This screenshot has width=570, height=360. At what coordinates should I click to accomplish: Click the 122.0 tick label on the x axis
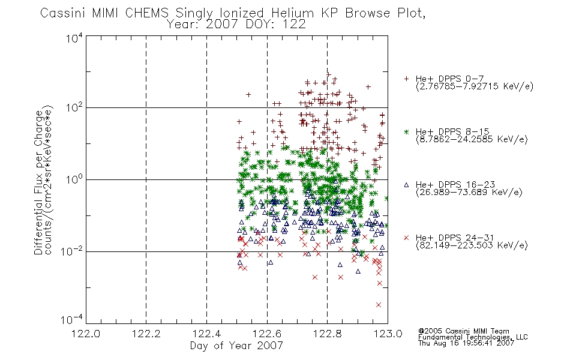point(86,334)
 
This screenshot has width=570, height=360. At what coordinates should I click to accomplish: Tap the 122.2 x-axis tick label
point(146,334)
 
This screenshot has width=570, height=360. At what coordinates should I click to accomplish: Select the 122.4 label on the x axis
point(206,334)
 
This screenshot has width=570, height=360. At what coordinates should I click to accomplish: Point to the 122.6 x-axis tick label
point(267,334)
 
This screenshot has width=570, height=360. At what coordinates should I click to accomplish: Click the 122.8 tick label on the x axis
point(327,334)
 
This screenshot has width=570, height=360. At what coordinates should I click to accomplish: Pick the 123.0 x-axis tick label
point(388,334)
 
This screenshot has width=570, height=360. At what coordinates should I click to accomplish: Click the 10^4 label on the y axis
point(74,38)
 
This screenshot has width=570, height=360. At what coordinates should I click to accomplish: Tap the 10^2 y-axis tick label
point(74,107)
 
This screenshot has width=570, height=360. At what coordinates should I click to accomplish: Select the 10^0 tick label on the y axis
point(74,179)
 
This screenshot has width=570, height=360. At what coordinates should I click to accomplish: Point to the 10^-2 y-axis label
point(72,251)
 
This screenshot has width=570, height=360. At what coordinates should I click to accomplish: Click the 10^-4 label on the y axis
point(72,319)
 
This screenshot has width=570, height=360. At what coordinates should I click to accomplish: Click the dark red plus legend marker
point(406,79)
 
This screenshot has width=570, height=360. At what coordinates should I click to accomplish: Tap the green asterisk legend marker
point(406,131)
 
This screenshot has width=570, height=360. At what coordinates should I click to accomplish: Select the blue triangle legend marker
point(406,185)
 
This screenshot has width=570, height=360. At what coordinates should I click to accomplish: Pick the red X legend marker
point(406,238)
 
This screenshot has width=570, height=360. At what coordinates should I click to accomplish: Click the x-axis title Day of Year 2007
point(236,346)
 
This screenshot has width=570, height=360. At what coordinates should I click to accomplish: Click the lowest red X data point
point(379,305)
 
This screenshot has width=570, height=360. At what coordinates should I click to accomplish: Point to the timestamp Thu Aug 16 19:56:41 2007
point(466,343)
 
